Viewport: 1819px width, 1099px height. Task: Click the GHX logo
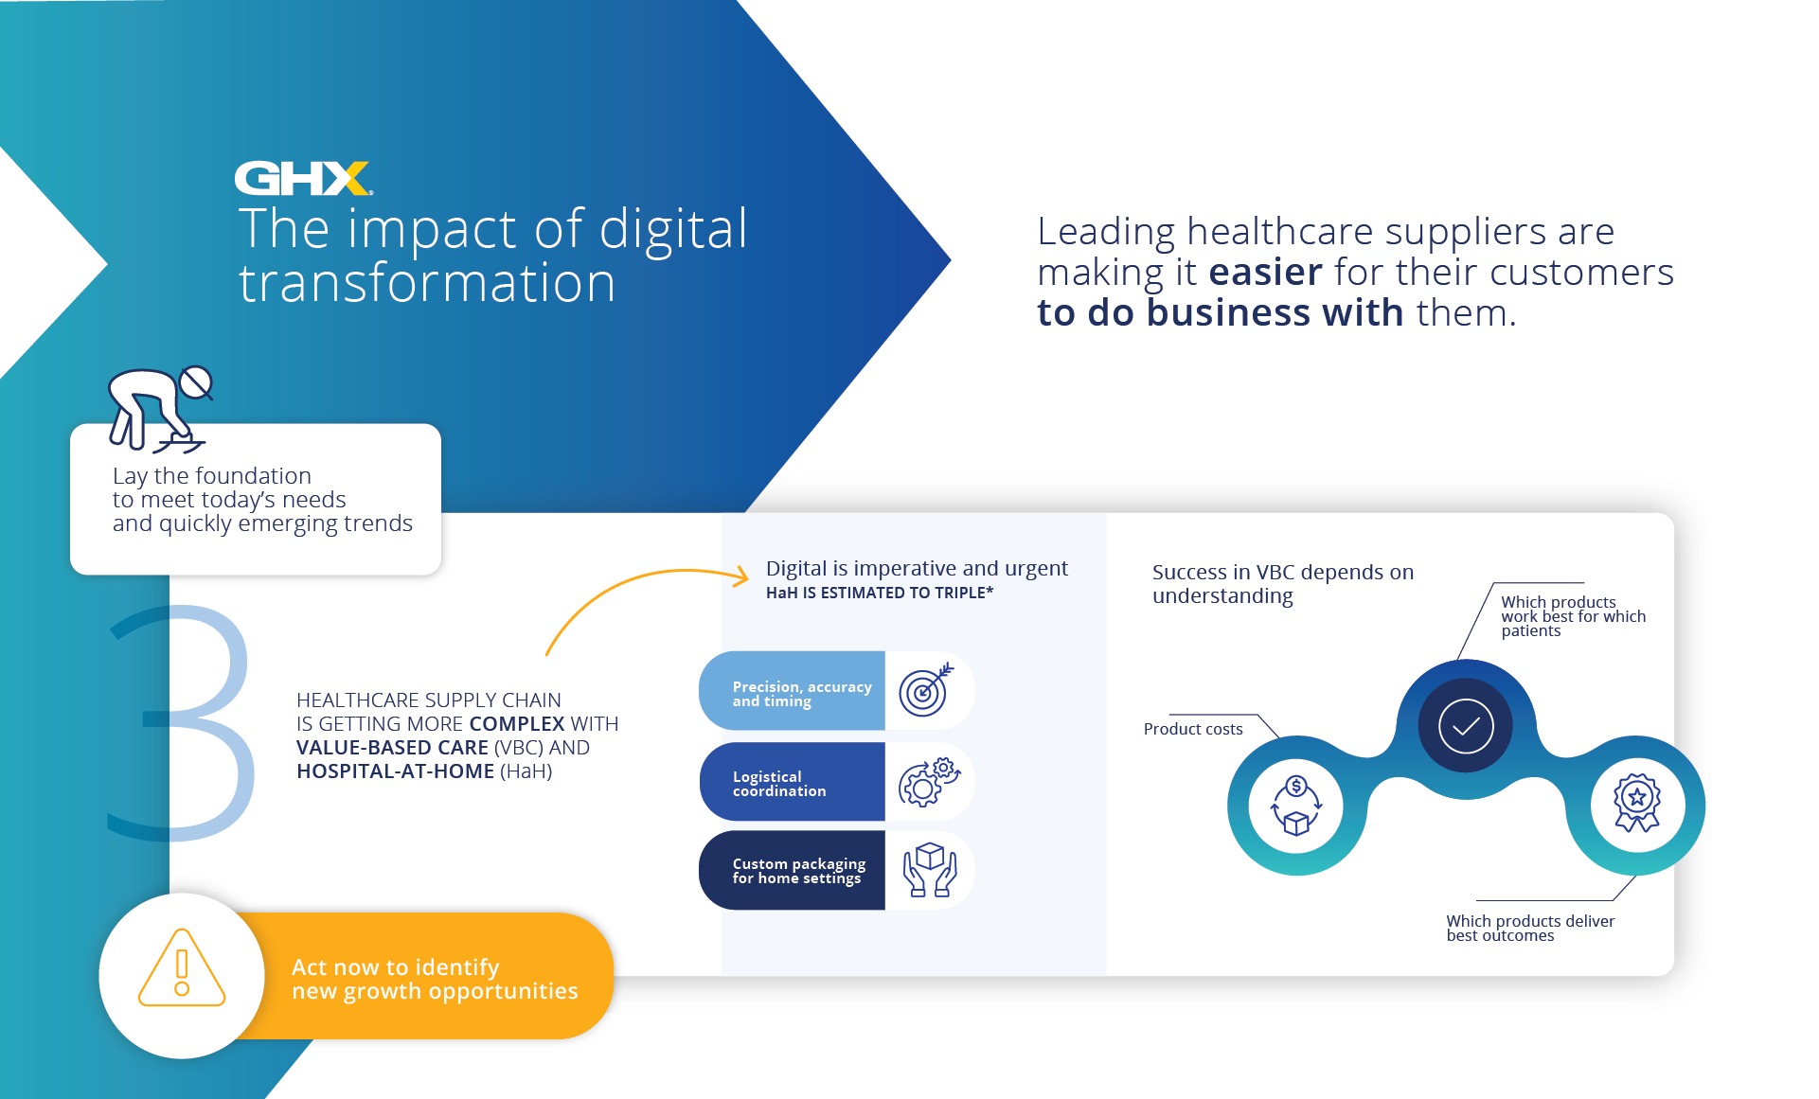[x=303, y=178]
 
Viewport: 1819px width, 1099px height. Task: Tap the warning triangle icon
[x=182, y=967]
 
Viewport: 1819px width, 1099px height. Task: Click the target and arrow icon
[x=926, y=690]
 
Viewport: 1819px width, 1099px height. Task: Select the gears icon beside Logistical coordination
[x=929, y=782]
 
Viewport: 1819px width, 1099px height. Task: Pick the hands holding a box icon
[x=930, y=869]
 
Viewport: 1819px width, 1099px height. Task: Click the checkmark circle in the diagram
[x=1466, y=726]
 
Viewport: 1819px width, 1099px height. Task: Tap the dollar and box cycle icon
[x=1296, y=806]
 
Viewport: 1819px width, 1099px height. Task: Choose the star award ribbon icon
[x=1637, y=804]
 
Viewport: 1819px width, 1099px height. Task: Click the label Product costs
[x=1193, y=729]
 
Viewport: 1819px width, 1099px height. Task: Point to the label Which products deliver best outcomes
[x=1530, y=928]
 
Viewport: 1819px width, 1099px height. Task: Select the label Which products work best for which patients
[x=1573, y=616]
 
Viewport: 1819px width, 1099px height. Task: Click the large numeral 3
[x=181, y=723]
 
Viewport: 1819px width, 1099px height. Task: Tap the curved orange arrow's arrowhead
[x=740, y=575]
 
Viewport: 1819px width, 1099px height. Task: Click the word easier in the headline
[x=1265, y=273]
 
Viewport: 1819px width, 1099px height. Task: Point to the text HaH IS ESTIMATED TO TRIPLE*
[x=880, y=593]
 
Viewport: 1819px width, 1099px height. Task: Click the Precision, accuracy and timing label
[x=802, y=694]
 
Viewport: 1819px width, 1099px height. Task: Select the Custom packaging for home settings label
[x=798, y=871]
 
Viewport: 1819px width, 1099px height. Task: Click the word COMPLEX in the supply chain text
[x=517, y=724]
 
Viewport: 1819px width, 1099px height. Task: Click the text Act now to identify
[x=395, y=967]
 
